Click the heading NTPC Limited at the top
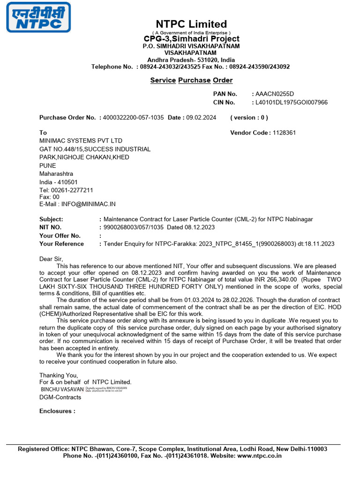click(x=191, y=24)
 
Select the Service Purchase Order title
click(x=191, y=80)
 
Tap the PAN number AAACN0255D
click(x=275, y=94)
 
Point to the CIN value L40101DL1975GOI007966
click(x=291, y=102)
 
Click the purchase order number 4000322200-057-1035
click(x=133, y=118)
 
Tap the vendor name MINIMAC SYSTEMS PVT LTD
click(x=81, y=141)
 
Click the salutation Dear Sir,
click(x=51, y=259)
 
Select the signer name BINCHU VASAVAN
click(x=62, y=389)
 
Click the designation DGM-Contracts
click(x=60, y=397)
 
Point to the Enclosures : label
click(x=57, y=411)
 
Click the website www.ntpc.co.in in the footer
click(x=260, y=456)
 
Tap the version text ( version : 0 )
click(x=249, y=118)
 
